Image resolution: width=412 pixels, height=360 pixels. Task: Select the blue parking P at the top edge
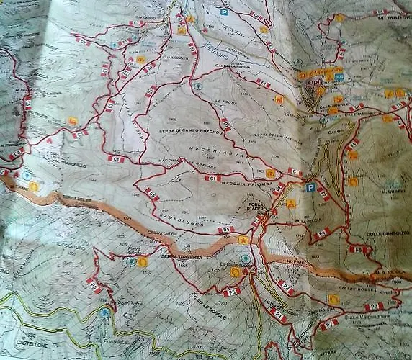click(x=224, y=12)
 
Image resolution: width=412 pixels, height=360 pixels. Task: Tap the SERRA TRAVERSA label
click(x=176, y=256)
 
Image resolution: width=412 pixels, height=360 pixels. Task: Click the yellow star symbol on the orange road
click(x=244, y=239)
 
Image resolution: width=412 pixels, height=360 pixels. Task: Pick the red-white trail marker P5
click(x=230, y=292)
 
